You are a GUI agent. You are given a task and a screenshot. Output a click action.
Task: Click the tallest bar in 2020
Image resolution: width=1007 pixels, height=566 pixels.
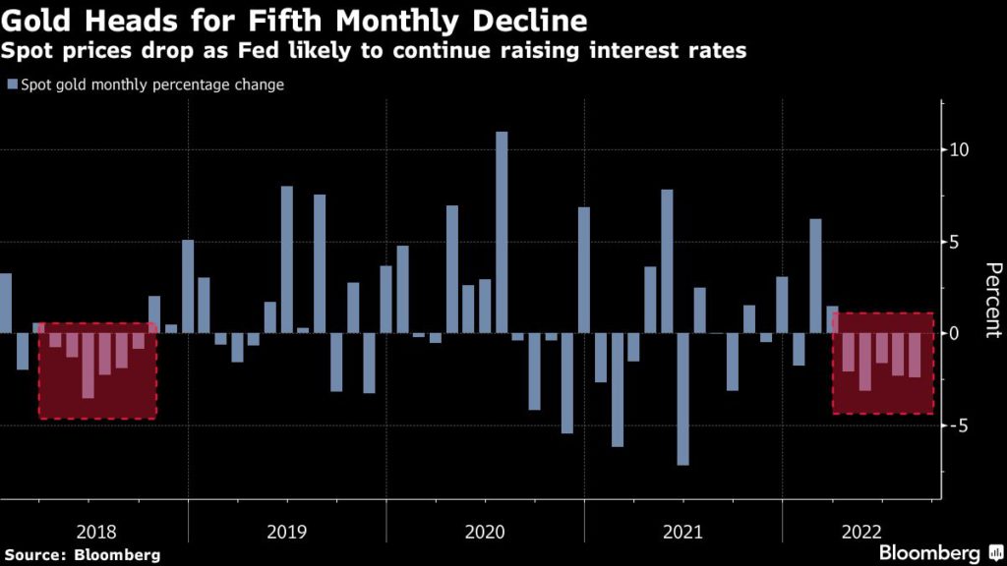[502, 233]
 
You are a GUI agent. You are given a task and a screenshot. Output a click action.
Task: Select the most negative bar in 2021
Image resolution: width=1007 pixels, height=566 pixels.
[683, 399]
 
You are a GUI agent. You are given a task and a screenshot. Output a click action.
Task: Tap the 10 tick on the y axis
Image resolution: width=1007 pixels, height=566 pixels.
[960, 150]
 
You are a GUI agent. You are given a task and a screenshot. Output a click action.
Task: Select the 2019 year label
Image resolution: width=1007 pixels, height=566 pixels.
[287, 532]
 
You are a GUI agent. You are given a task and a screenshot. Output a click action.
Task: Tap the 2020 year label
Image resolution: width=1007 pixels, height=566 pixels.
[485, 532]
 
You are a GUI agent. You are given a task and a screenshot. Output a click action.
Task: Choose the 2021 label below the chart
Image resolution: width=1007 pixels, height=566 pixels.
[683, 532]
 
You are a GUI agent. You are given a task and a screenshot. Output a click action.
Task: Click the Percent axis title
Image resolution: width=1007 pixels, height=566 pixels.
[992, 301]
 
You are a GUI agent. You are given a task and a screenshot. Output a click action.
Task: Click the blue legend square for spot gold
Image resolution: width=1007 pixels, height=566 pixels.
[12, 85]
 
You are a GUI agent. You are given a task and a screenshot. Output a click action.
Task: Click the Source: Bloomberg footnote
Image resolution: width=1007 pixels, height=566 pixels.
[82, 555]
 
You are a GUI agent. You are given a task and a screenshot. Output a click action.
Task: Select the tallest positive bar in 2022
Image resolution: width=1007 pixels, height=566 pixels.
[815, 276]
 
